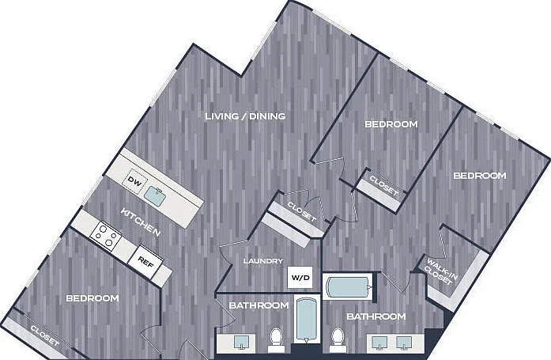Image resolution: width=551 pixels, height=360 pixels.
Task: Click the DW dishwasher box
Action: coord(135,181)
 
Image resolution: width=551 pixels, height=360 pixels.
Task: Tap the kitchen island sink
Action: coord(157,195)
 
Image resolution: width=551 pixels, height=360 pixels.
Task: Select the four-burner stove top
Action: coord(105,236)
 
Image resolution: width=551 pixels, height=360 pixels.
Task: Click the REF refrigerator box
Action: coord(145,261)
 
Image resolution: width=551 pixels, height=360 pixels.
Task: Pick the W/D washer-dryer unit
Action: coord(300,278)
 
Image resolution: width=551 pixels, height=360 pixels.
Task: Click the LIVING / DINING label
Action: coord(245,116)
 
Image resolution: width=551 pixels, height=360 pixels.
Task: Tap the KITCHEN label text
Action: coord(141,222)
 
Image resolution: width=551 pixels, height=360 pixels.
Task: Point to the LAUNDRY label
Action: coord(262,261)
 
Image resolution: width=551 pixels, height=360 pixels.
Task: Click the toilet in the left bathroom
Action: coord(276,339)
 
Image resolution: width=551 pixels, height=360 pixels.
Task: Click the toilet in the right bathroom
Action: coord(338,339)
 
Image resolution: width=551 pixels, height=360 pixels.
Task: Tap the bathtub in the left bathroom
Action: coord(306,320)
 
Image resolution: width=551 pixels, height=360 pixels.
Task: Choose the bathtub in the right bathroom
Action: coord(349,286)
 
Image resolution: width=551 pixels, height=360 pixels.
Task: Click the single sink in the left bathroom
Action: coord(241,342)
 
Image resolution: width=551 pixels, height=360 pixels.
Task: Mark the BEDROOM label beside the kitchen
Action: coord(92,298)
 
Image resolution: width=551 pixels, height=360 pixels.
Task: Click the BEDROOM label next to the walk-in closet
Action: coord(480,176)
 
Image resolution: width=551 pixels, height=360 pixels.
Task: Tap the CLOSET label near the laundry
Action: coord(302,211)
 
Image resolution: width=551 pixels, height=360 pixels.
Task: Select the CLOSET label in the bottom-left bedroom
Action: coord(44,335)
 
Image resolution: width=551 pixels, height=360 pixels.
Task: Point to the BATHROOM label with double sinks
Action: coord(376,316)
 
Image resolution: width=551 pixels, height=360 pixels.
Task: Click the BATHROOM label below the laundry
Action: coord(259,305)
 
